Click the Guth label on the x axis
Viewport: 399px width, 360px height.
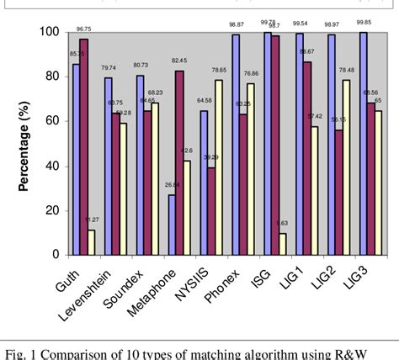coord(78,274)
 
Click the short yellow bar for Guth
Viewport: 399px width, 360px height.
coord(91,241)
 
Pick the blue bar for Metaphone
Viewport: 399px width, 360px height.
coord(173,224)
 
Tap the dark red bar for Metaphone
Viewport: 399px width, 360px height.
coord(179,162)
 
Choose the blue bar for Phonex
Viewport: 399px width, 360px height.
coord(236,144)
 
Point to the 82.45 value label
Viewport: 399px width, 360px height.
coord(180,61)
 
